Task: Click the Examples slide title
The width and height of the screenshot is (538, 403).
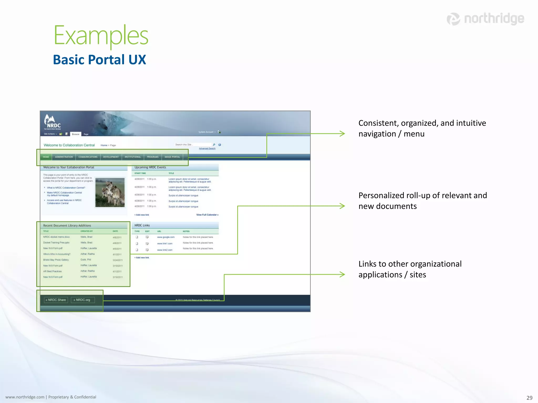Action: (101, 35)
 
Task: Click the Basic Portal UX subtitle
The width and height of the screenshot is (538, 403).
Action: (99, 60)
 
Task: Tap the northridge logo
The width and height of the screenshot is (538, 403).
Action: (485, 19)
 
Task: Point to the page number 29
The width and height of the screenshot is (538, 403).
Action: (529, 398)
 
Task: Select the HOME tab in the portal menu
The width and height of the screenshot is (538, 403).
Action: (46, 157)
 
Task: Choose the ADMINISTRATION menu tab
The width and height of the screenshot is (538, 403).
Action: (64, 157)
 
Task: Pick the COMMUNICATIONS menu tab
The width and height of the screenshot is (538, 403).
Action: (88, 157)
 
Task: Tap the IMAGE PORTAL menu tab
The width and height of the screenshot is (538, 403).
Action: (172, 157)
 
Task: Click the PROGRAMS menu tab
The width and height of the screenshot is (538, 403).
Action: (153, 157)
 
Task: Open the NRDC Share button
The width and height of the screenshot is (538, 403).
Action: (56, 300)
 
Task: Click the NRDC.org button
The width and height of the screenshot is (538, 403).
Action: (82, 300)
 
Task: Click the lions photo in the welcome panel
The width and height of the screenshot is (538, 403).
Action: (110, 192)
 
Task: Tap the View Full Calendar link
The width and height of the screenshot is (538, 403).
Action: (207, 215)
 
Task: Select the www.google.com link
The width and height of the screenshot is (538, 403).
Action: (166, 237)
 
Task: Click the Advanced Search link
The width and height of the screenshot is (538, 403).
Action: (207, 149)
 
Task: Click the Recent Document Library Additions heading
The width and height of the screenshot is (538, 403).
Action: (67, 225)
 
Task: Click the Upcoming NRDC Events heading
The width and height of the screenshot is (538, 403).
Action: (150, 167)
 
